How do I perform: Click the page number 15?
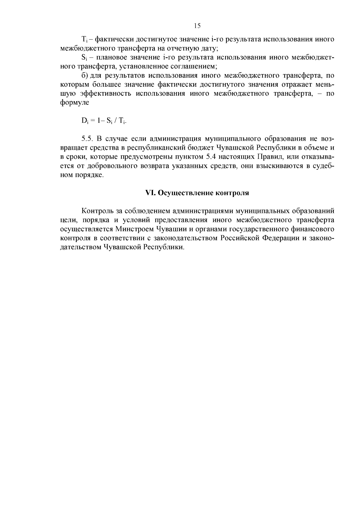pyautogui.click(x=197, y=26)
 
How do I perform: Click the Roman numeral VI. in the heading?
pyautogui.click(x=149, y=193)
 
